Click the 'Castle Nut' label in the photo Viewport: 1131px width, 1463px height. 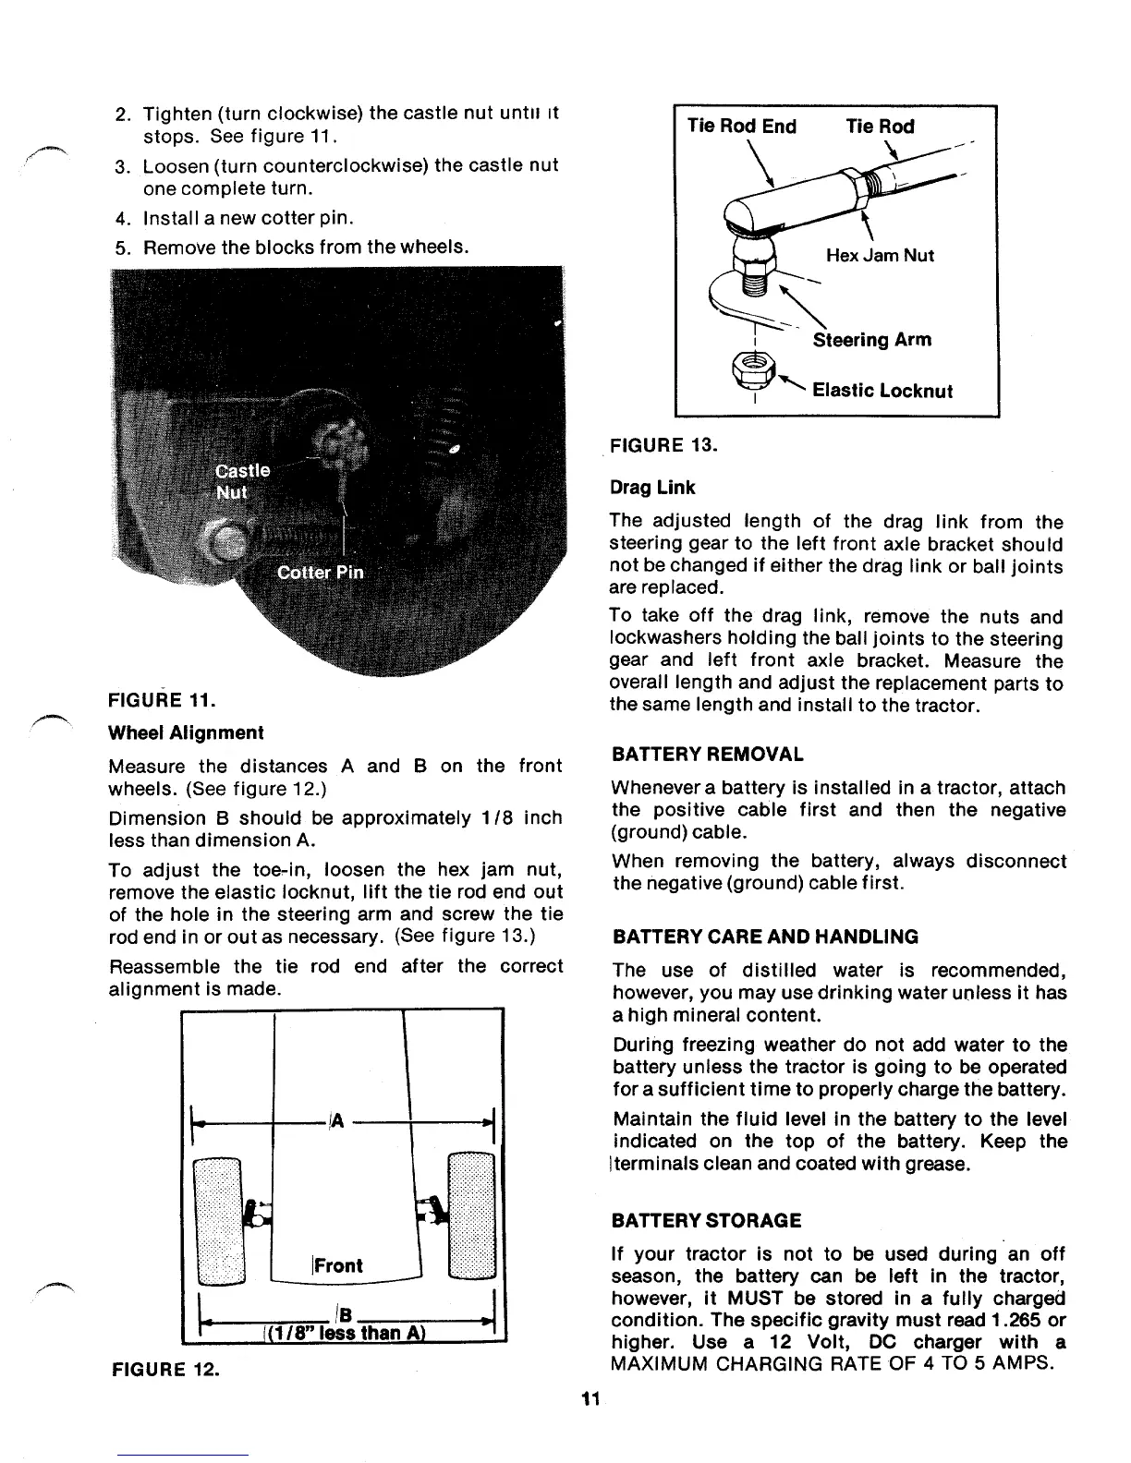(242, 480)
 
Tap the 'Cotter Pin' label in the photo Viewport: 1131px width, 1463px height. (321, 572)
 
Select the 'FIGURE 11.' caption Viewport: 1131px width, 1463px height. (163, 699)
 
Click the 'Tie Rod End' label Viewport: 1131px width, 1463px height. (741, 127)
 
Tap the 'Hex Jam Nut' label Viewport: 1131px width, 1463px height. (880, 255)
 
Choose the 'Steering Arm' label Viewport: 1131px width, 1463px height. (871, 340)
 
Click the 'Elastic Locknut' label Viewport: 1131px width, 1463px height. (882, 390)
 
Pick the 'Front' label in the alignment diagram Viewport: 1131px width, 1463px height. (338, 1265)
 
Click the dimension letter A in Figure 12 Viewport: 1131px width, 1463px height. (337, 1120)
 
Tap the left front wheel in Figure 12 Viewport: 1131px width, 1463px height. (218, 1219)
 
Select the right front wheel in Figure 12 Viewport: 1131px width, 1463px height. (471, 1215)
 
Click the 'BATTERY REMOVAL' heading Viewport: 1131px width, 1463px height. (708, 755)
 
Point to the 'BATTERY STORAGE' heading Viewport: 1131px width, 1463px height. (707, 1220)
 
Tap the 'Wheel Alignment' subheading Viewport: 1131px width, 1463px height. (186, 732)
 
